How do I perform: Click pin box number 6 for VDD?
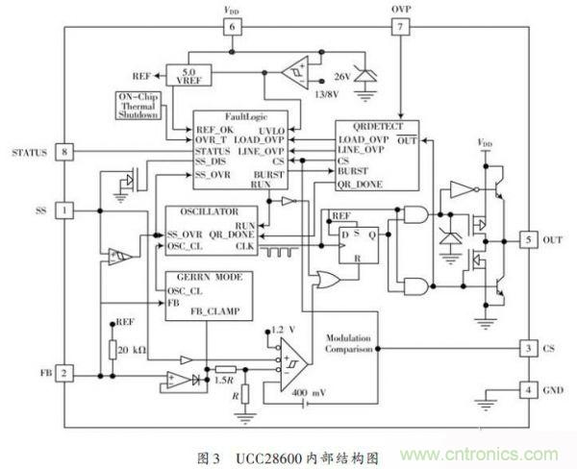(x=231, y=28)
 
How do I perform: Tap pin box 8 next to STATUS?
(x=64, y=152)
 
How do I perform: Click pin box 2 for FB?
(x=64, y=372)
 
